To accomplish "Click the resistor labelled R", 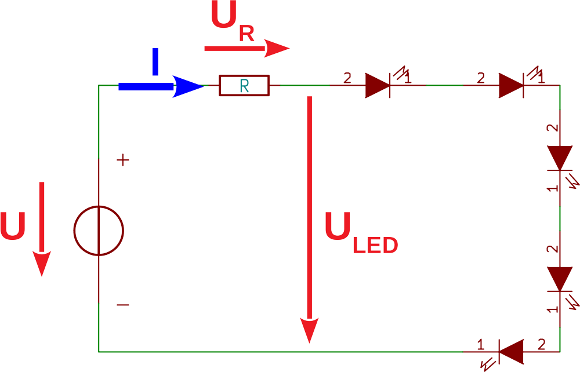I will pyautogui.click(x=244, y=86).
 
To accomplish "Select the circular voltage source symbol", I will pyautogui.click(x=99, y=231).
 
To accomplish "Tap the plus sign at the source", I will pyautogui.click(x=123, y=161).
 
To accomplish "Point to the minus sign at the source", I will pyautogui.click(x=123, y=305).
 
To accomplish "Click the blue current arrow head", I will pyautogui.click(x=187, y=86).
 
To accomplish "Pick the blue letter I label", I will pyautogui.click(x=155, y=62).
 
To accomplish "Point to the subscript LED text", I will pyautogui.click(x=375, y=246).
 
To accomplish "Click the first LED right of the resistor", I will pyautogui.click(x=378, y=86).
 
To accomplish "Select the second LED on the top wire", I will pyautogui.click(x=512, y=86).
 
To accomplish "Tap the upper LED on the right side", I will pyautogui.click(x=560, y=157).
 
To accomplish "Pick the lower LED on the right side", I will pyautogui.click(x=560, y=279).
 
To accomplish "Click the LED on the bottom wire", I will pyautogui.click(x=511, y=351).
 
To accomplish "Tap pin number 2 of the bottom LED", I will pyautogui.click(x=541, y=344).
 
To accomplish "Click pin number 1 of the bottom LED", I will pyautogui.click(x=480, y=345).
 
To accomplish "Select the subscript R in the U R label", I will pyautogui.click(x=246, y=34).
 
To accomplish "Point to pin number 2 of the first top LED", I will pyautogui.click(x=347, y=77).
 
